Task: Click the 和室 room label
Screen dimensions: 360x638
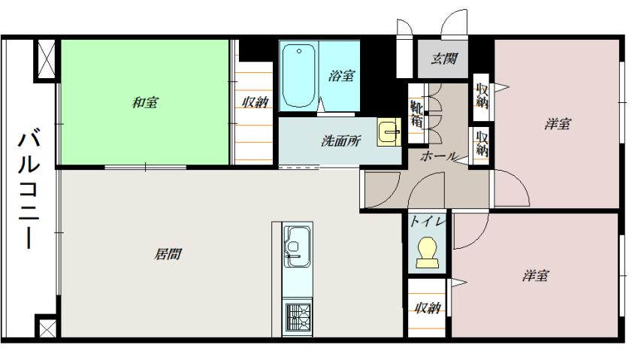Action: (x=145, y=102)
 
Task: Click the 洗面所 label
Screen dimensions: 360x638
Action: (x=340, y=140)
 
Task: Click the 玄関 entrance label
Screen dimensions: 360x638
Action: (x=444, y=58)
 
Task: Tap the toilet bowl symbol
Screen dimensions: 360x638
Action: (x=426, y=252)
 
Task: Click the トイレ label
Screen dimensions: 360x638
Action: (x=427, y=222)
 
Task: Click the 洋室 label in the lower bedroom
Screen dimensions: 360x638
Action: (x=535, y=276)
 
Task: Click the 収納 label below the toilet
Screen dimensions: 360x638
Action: (x=426, y=307)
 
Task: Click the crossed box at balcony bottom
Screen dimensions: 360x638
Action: (x=45, y=327)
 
